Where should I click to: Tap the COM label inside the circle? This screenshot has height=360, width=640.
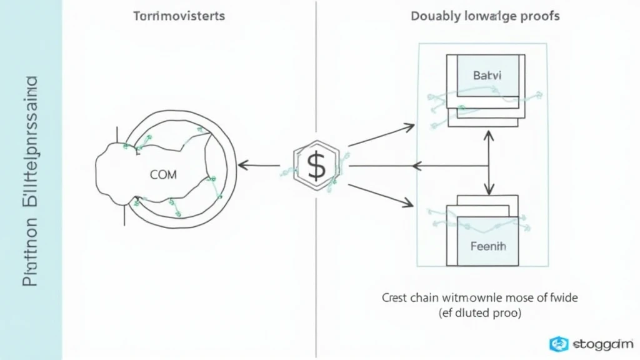[x=164, y=175]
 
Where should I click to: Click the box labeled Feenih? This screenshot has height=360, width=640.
[x=488, y=246]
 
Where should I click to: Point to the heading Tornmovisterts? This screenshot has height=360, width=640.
[x=179, y=16]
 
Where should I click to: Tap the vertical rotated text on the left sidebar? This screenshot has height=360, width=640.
[x=31, y=181]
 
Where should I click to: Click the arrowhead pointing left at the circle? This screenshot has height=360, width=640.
[x=242, y=166]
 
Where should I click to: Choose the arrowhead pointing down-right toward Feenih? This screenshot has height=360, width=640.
[x=409, y=203]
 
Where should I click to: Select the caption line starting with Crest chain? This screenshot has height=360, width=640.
[x=480, y=297]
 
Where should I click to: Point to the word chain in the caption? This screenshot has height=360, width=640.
[x=424, y=297]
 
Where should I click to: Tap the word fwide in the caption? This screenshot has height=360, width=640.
[x=564, y=297]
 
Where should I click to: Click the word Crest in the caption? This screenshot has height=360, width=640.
[x=394, y=297]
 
